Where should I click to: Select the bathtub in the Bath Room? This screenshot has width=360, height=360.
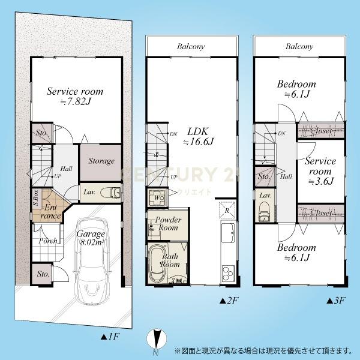coord(158,264)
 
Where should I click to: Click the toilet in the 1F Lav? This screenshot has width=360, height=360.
coord(110,193)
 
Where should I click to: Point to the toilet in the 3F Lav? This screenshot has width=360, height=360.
coord(264,211)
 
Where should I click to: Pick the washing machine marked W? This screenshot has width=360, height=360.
coord(157,198)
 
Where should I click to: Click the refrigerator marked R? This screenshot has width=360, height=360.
coord(227,209)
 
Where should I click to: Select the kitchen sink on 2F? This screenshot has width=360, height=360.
coord(228,233)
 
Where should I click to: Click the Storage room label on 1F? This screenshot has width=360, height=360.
coord(101,161)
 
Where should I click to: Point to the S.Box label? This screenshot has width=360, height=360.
coord(36,197)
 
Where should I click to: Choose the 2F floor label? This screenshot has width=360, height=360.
coord(229,301)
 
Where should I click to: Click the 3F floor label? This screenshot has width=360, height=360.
coord(336,301)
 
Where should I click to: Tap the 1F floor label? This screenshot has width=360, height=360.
coord(110,337)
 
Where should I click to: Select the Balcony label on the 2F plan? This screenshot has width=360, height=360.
coord(191,47)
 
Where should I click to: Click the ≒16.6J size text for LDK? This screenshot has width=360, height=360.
coord(198,142)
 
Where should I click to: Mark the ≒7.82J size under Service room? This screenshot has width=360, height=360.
coord(76,102)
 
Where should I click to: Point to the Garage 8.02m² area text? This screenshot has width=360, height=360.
coord(91,238)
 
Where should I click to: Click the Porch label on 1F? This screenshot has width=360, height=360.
coord(48,241)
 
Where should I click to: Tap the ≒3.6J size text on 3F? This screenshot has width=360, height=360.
coord(320,181)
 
